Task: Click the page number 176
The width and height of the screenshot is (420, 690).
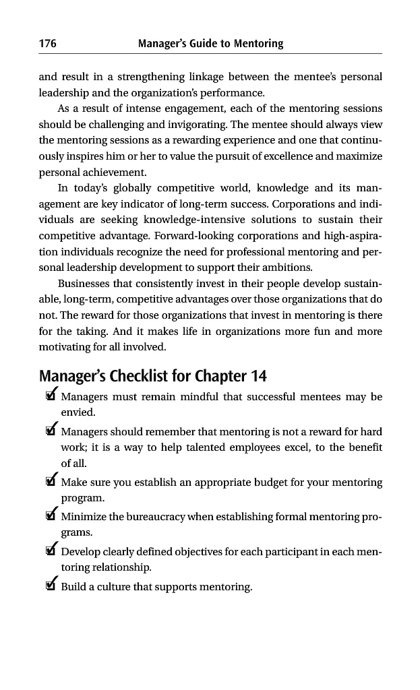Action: point(47,44)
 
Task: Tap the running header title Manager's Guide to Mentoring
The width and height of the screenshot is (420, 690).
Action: point(210,44)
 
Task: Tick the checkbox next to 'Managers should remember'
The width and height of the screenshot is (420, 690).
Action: point(50,431)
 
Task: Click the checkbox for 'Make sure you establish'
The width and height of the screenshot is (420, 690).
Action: point(50,482)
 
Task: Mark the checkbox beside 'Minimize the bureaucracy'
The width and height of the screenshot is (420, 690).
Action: point(50,517)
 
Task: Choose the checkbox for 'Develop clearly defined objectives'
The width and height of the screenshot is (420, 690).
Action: point(50,552)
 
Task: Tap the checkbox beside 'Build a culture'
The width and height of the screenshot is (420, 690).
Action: point(50,586)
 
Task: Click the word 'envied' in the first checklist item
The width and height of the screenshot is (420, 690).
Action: point(77,412)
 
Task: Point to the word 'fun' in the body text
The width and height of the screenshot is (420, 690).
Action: point(320,332)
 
